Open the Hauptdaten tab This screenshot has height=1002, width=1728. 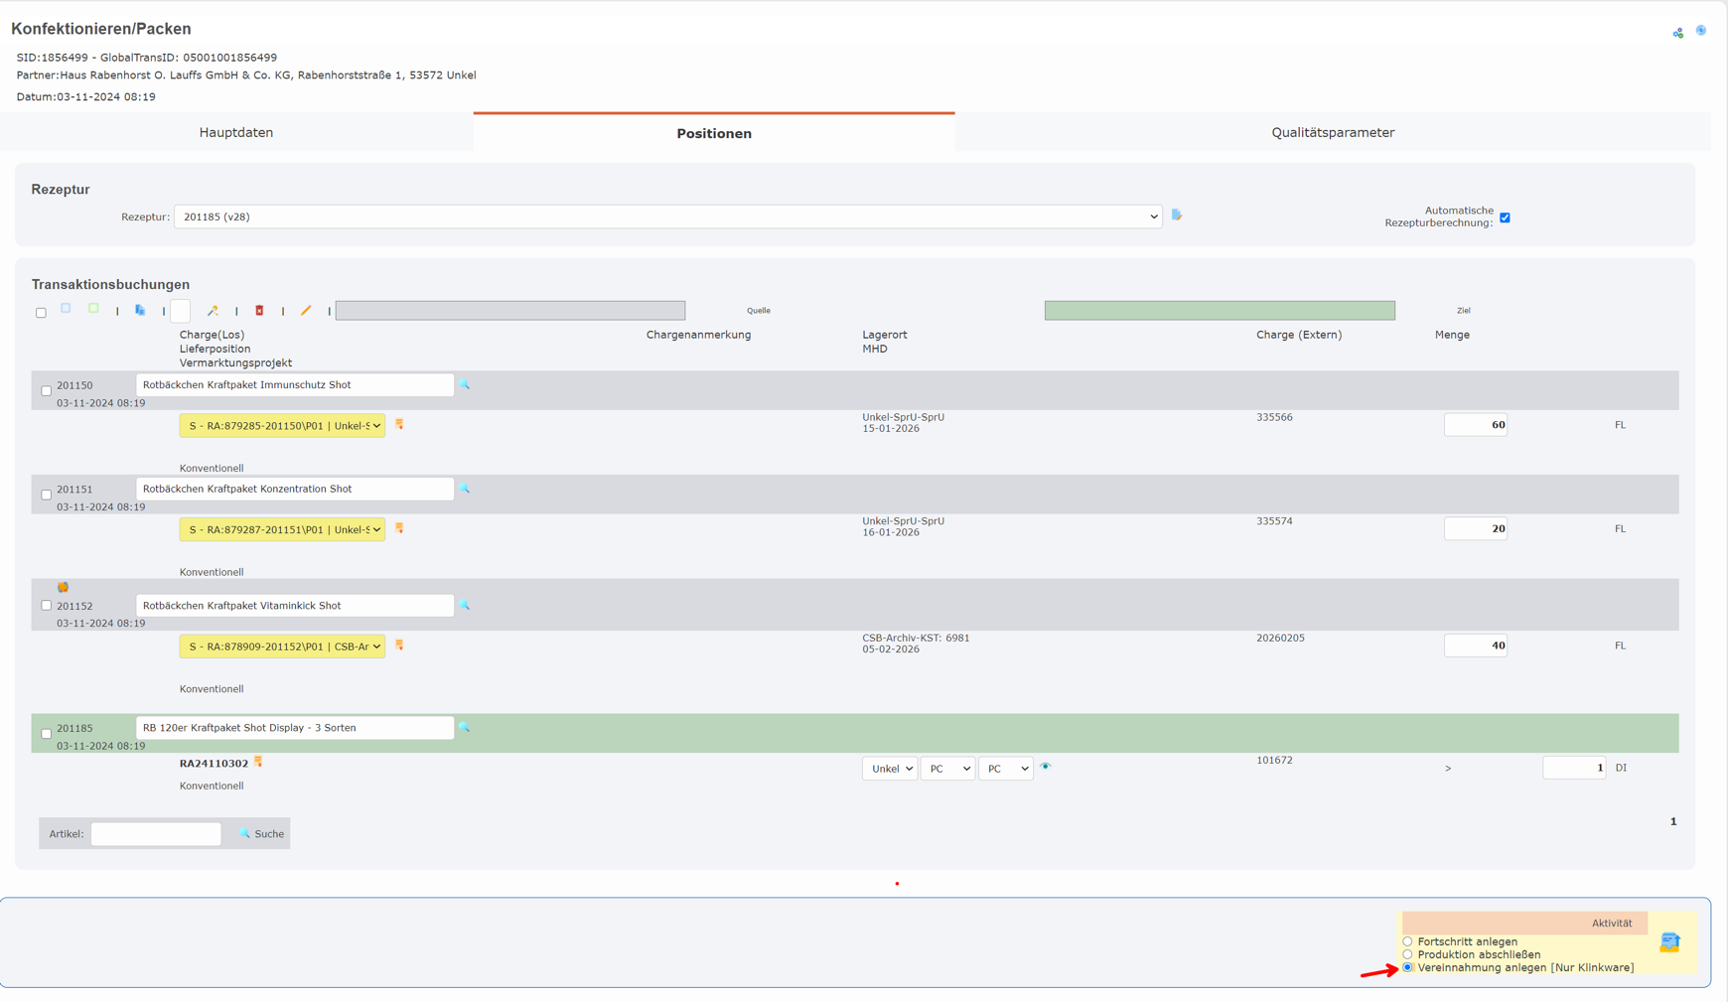(236, 133)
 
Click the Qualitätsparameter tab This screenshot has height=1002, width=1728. (1333, 133)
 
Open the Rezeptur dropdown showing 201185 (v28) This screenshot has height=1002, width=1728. (667, 216)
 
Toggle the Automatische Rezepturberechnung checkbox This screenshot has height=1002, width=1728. (1505, 217)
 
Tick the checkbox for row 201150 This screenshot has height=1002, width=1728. (47, 390)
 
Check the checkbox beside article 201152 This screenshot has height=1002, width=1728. (47, 605)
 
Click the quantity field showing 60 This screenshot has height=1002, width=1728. (1475, 425)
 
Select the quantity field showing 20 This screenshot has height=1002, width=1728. (1475, 529)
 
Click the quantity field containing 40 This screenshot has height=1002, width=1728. (1475, 645)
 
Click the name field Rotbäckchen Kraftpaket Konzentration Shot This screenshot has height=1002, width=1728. (294, 489)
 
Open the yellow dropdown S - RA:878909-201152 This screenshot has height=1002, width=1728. (282, 646)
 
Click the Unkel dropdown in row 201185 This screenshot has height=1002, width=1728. (889, 769)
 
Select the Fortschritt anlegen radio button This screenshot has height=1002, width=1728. (1407, 941)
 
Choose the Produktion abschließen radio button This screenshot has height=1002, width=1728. (1407, 954)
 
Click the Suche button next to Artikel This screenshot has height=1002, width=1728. (262, 834)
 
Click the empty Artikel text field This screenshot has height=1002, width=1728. (156, 834)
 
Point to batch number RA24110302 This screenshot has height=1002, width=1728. (214, 764)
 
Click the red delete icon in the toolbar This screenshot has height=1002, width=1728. (259, 311)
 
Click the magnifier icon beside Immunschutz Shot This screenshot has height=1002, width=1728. (465, 384)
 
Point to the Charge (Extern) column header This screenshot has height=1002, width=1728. (1298, 335)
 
